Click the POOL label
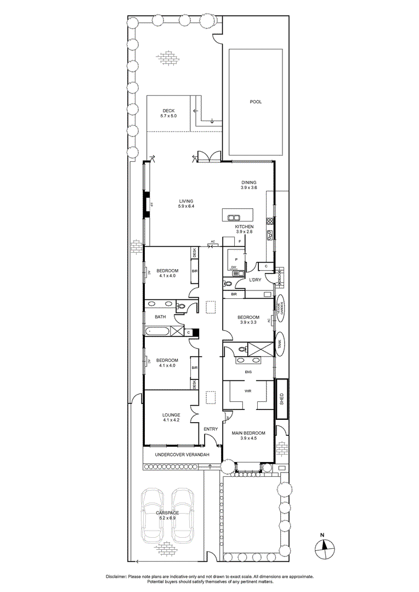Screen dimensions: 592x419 pos(256,101)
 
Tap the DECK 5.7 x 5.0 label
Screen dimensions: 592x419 pos(168,113)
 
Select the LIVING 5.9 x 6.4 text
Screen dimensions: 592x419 pos(186,203)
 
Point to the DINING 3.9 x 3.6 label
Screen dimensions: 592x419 pos(248,185)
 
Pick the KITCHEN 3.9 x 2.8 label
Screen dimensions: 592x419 pos(244,229)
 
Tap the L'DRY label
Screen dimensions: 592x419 pos(255,280)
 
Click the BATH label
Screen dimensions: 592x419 pos(160,317)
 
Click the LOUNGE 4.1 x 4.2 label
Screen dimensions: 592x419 pos(171,418)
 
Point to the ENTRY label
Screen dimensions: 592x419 pos(211,429)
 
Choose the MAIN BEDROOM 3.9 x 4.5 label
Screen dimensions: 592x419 pos(248,435)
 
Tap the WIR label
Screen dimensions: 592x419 pos(248,392)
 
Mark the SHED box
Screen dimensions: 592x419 pos(281,398)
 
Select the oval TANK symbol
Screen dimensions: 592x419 pos(280,344)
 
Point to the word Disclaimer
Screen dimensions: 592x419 pos(116,577)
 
